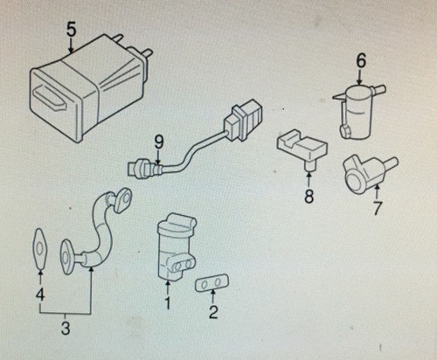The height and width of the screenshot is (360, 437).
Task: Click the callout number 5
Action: tap(71, 30)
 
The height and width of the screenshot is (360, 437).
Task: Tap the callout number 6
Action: tap(361, 61)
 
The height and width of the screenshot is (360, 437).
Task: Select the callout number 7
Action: tap(377, 208)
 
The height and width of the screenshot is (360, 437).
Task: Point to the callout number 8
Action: tap(309, 196)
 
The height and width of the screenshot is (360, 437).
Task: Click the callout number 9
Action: tap(159, 142)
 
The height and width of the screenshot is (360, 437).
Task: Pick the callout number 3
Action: tap(66, 328)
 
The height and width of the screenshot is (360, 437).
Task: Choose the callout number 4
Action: tap(40, 294)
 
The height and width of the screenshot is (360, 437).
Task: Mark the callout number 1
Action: tap(168, 303)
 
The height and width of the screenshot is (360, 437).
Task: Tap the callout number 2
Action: tap(213, 312)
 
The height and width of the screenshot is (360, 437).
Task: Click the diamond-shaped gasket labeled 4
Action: tap(38, 248)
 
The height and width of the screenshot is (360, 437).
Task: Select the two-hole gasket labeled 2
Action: tap(212, 282)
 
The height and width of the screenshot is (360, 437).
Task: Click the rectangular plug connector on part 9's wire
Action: tap(242, 120)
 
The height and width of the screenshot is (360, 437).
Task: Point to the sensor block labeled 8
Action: tap(302, 149)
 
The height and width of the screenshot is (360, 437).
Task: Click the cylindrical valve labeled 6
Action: tap(357, 111)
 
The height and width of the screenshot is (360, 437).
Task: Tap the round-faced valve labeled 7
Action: tap(369, 176)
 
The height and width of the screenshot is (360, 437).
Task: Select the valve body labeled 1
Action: tap(176, 246)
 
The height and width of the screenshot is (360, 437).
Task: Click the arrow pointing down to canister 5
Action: tap(71, 45)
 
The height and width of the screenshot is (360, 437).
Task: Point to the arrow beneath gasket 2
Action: tap(213, 297)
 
